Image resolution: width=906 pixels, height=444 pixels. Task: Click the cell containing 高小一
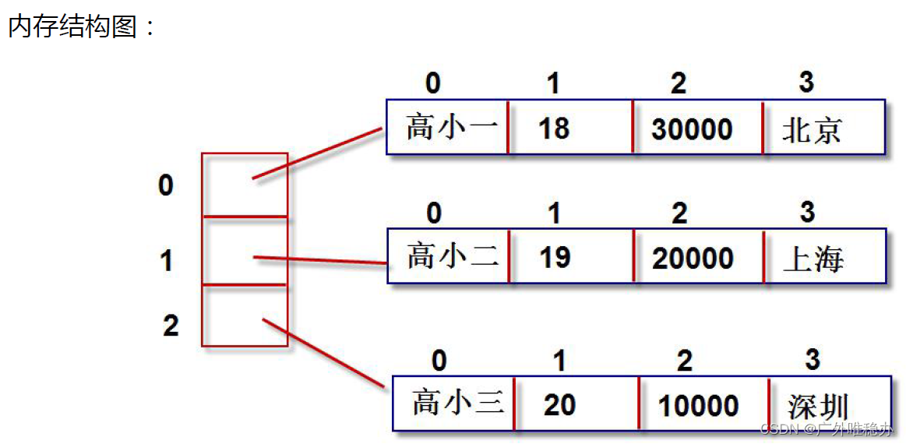448,127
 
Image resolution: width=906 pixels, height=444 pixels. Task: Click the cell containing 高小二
449,256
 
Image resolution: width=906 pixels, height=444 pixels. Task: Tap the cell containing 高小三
454,403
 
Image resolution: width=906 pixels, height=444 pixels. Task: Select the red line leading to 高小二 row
319,260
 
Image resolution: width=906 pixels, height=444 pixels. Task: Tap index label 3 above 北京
806,82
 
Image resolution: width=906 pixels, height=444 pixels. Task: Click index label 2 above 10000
684,361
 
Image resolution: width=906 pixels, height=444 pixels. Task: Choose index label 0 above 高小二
434,212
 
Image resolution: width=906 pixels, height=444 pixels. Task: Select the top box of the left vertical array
245,185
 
